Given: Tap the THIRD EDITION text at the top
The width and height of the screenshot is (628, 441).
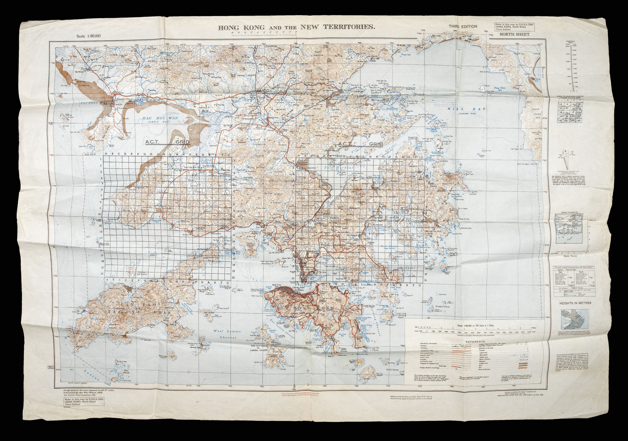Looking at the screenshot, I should click(x=463, y=27).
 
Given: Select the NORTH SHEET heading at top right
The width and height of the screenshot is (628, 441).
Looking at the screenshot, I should click(x=515, y=34).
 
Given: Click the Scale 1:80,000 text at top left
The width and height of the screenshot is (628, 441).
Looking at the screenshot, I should click(x=89, y=36).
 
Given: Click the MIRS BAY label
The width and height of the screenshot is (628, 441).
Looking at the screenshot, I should click(x=461, y=109).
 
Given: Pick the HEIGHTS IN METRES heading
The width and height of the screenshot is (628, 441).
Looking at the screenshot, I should click(x=575, y=303).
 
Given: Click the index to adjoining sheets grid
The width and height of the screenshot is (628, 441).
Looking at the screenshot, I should click(x=570, y=110).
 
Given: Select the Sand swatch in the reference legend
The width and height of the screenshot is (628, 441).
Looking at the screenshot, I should click(x=524, y=365).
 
